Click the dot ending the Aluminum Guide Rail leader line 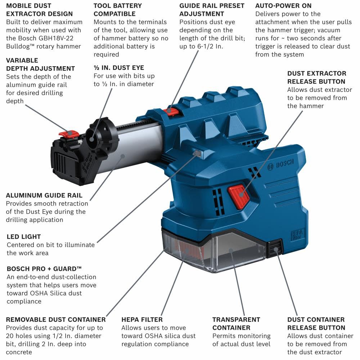(x=123, y=156)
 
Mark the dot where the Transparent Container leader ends (x=231, y=251)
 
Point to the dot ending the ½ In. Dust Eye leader (x=92, y=139)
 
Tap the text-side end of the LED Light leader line (x=97, y=242)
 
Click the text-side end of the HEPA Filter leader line (x=161, y=315)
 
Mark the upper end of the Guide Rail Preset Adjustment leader (x=198, y=51)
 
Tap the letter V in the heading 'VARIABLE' (x=9, y=60)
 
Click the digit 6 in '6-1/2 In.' (x=199, y=46)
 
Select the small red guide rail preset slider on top (x=171, y=111)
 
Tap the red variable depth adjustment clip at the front (x=69, y=134)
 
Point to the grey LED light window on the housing (x=197, y=153)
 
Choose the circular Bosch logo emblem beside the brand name (x=270, y=166)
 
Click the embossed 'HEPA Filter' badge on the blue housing (x=298, y=234)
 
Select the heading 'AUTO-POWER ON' (x=283, y=6)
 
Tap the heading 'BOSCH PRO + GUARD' (x=44, y=269)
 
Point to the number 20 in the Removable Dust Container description (x=10, y=336)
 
